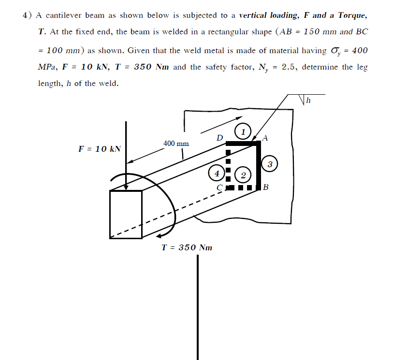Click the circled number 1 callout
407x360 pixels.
(x=243, y=131)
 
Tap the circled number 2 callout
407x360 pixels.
(x=243, y=174)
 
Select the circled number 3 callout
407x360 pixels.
(x=270, y=164)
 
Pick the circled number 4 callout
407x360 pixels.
(x=217, y=173)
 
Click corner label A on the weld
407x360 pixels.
(x=264, y=137)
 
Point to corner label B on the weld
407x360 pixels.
(x=265, y=187)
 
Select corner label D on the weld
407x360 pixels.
(x=219, y=138)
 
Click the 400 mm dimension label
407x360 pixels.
(x=176, y=144)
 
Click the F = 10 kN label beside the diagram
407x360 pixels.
(x=99, y=148)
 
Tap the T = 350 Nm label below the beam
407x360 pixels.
(x=187, y=247)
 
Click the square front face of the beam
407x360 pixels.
(x=126, y=214)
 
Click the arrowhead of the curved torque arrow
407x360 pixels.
(x=160, y=236)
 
